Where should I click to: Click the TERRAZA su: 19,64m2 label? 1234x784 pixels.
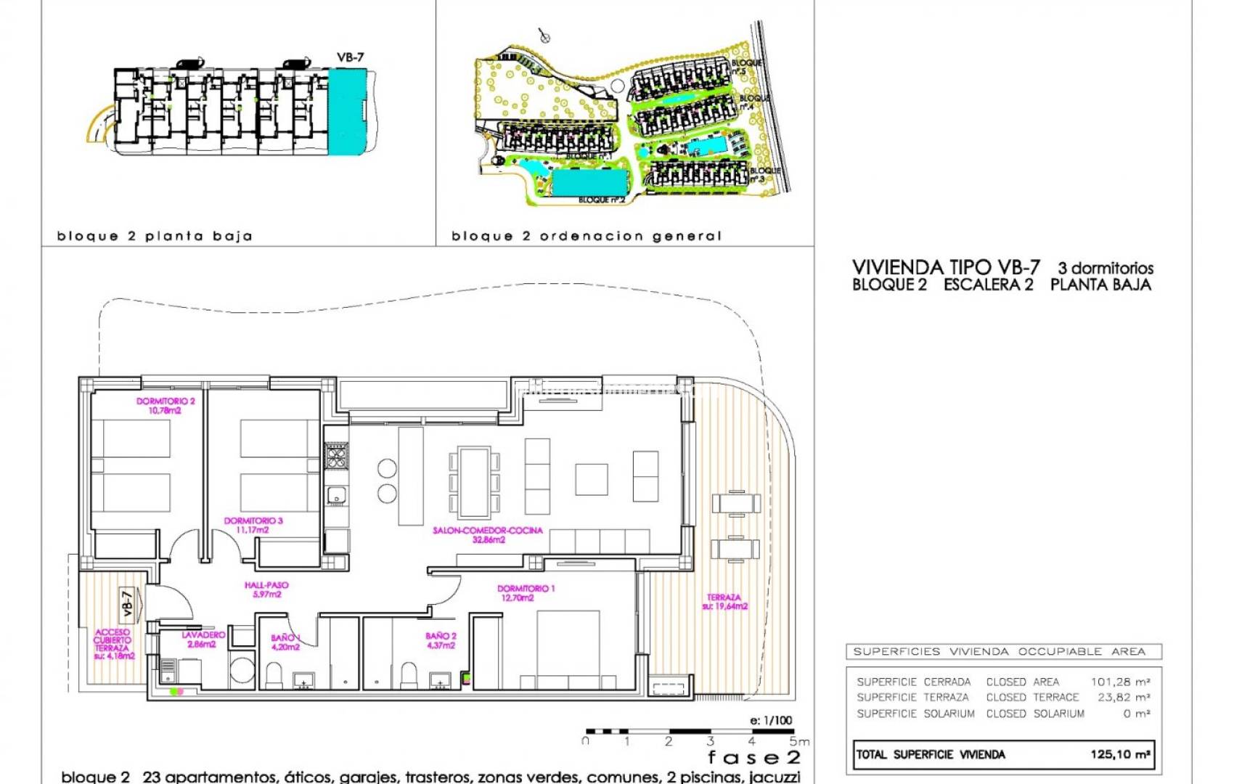pos(724,602)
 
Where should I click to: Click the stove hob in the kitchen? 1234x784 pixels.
pos(336,457)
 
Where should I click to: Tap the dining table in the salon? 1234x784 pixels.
pos(474,481)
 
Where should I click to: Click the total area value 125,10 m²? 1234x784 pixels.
pos(1120,754)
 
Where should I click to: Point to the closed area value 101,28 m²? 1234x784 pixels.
pos(1120,682)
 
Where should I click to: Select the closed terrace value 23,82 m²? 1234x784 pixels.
pos(1123,697)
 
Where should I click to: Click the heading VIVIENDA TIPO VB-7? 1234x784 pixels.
pos(946,268)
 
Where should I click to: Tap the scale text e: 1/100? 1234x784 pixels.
pos(771,720)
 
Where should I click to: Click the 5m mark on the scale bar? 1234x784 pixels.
pos(798,741)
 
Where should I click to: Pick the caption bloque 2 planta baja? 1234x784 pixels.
pos(155,236)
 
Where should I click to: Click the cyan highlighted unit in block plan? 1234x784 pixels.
pos(347,111)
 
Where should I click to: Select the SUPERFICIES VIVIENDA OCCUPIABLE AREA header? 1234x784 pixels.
pos(999,651)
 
